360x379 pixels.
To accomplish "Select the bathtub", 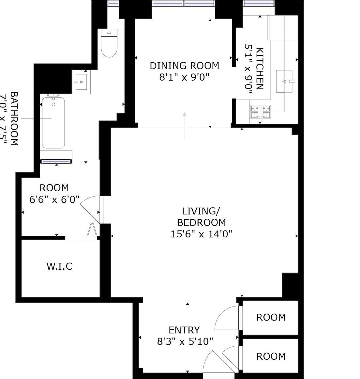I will pyautogui.click(x=53, y=123).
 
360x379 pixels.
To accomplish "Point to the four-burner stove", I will pyautogui.click(x=260, y=112).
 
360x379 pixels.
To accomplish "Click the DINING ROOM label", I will pyautogui.click(x=184, y=66).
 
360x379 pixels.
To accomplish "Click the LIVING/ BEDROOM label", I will pyautogui.click(x=201, y=216).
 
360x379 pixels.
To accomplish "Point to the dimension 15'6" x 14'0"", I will pyautogui.click(x=201, y=234).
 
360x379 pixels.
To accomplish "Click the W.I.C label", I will pyautogui.click(x=59, y=266).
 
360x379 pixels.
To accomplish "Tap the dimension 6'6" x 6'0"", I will pyautogui.click(x=54, y=199).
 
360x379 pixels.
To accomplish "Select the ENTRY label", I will pyautogui.click(x=184, y=330).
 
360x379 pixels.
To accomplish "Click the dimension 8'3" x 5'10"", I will pyautogui.click(x=185, y=341).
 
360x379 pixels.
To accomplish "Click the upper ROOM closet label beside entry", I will pyautogui.click(x=271, y=317).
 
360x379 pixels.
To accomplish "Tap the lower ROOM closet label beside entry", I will pyautogui.click(x=271, y=356).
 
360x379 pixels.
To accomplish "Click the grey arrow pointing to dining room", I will pyautogui.click(x=185, y=124).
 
